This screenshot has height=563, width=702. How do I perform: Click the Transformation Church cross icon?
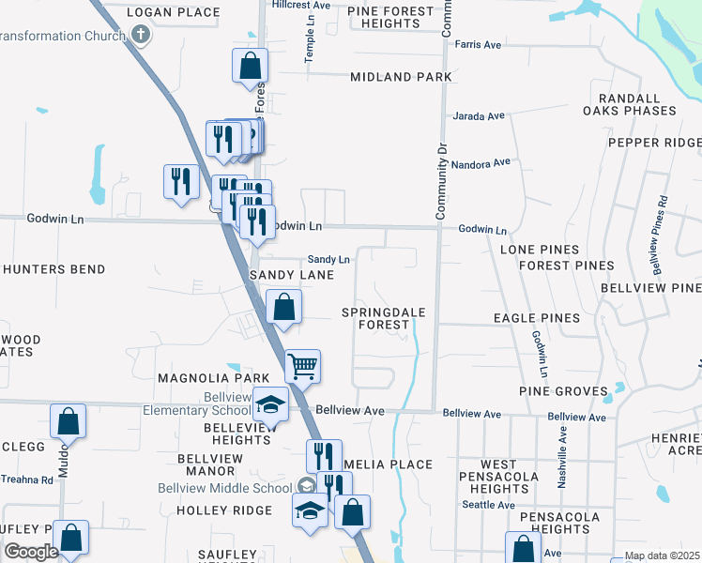point(141,36)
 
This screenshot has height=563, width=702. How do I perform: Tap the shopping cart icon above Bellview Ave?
point(302,365)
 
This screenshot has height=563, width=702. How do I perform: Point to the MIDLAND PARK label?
point(401,77)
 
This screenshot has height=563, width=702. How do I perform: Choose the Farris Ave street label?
point(478,44)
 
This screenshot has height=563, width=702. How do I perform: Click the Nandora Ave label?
point(481,164)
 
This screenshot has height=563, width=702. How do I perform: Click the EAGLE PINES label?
point(537,318)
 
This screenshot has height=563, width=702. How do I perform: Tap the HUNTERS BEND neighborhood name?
point(53,269)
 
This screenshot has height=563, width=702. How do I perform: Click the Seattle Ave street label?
point(488,505)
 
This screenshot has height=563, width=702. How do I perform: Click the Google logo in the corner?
point(31,552)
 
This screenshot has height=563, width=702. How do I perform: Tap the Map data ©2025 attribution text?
point(662,556)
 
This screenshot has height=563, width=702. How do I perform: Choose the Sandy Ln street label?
point(328,259)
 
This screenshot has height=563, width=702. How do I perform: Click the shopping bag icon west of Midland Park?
point(250,66)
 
